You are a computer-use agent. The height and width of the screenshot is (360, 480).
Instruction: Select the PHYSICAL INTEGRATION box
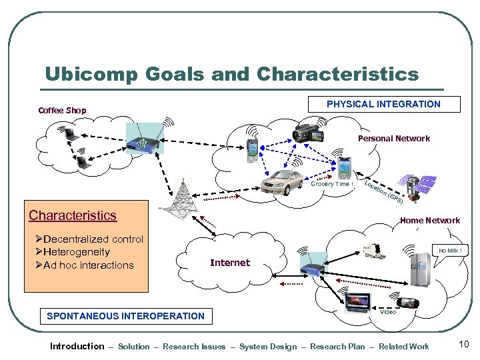[x=383, y=104]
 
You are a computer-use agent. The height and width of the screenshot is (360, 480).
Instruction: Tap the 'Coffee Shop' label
[x=62, y=110]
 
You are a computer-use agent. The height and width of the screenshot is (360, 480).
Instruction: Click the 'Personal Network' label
[x=393, y=139]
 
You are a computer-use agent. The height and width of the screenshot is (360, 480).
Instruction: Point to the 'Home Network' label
[x=429, y=220]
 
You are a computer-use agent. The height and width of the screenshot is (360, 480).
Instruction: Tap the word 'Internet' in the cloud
[x=230, y=263]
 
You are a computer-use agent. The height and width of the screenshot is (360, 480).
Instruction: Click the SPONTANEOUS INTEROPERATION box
[x=125, y=316]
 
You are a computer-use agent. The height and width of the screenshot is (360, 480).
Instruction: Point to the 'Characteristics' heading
[x=73, y=215]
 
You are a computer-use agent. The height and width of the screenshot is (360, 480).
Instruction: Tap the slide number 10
[x=464, y=344]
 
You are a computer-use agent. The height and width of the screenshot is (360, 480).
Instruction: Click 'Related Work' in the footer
[x=403, y=347]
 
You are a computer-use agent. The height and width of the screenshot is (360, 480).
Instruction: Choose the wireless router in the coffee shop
[x=144, y=142]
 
